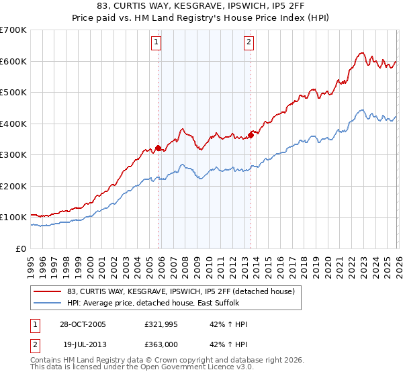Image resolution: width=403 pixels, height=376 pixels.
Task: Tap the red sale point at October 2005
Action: pyautogui.click(x=159, y=148)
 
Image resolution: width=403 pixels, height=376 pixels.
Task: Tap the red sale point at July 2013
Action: pyautogui.click(x=251, y=135)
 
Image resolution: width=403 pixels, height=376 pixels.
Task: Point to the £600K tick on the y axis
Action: pyautogui.click(x=13, y=61)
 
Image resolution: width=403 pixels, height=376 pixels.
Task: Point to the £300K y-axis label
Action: pyautogui.click(x=13, y=155)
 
